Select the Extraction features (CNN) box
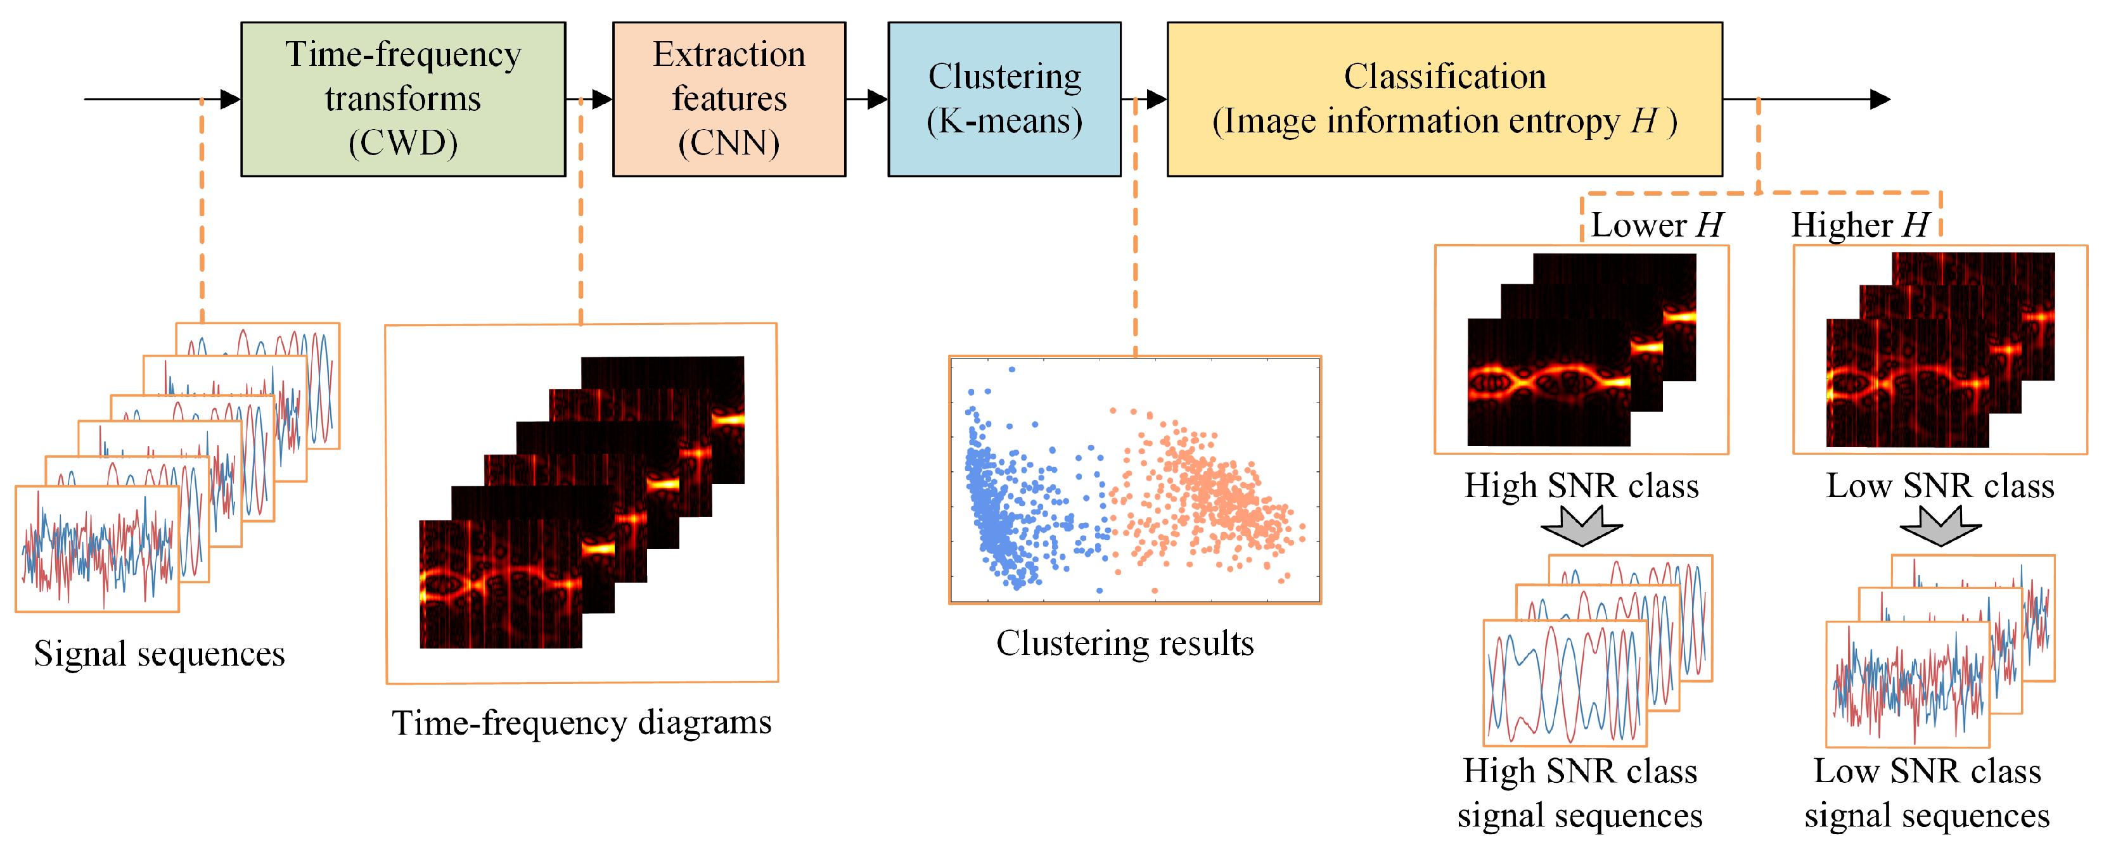[x=729, y=99]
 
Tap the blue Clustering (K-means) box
[x=1004, y=99]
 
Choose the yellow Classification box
[x=1444, y=99]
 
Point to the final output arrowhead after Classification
[x=1880, y=99]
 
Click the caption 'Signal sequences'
[x=159, y=654]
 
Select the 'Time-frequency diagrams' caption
[x=582, y=723]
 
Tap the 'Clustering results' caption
[x=1125, y=643]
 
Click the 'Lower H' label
[x=1657, y=225]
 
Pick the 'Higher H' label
[x=1860, y=225]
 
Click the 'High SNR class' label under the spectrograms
[x=1581, y=486]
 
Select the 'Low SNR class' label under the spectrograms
[x=1940, y=486]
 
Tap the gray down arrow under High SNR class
[x=1581, y=525]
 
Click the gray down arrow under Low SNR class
[x=1940, y=525]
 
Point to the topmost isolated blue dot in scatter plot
[x=1012, y=369]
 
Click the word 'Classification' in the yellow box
[x=1444, y=77]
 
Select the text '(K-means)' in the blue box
[x=1004, y=121]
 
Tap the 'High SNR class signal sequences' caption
[x=1580, y=793]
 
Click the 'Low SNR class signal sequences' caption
[x=1927, y=793]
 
